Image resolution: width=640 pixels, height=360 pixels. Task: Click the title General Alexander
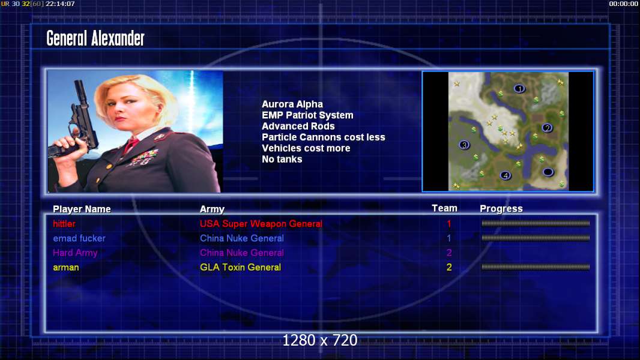coord(95,38)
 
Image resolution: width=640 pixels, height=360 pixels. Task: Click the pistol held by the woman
coord(77,122)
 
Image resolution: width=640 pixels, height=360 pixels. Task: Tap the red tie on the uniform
coord(131,144)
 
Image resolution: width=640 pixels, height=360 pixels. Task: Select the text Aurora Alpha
coord(292,104)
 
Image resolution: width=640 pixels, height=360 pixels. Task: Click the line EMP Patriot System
coord(307,115)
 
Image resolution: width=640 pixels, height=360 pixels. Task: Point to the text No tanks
coord(282,160)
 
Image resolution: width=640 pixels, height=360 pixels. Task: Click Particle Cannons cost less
coord(323,137)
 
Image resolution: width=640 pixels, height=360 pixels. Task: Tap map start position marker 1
coord(519,88)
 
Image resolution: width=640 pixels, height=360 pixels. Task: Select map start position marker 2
coord(548,128)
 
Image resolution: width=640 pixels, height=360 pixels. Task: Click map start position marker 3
coord(464,145)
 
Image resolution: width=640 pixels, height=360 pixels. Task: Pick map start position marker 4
coord(506,175)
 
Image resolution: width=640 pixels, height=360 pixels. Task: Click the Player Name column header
coord(82,209)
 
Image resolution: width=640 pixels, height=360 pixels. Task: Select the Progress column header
coord(501,209)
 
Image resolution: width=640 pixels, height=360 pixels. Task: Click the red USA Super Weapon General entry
coord(261,224)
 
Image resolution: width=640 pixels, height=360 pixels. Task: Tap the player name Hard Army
coord(75,253)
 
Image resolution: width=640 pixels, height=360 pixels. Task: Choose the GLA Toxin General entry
coord(240,268)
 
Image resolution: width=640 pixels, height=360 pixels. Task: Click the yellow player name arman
coord(65,268)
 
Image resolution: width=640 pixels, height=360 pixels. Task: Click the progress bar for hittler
coord(536,223)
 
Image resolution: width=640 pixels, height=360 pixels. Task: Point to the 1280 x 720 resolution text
coord(320,340)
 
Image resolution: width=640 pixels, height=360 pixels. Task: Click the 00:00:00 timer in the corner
coord(623,4)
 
